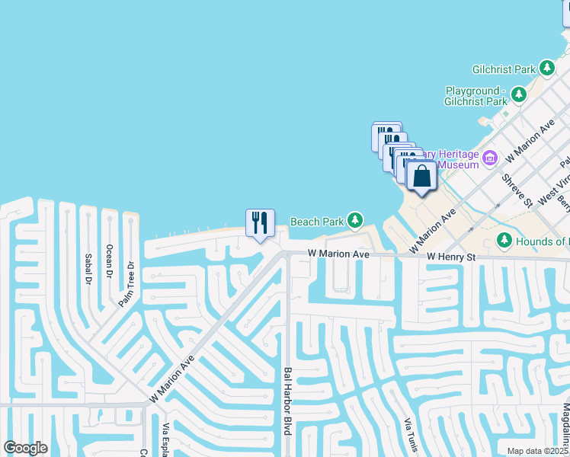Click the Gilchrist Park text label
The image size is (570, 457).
pyautogui.click(x=504, y=69)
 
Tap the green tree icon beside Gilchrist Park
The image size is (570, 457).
pyautogui.click(x=546, y=69)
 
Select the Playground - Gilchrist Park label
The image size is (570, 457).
pyautogui.click(x=476, y=96)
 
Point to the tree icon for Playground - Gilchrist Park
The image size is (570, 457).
pyautogui.click(x=519, y=95)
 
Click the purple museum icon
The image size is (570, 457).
pyautogui.click(x=490, y=158)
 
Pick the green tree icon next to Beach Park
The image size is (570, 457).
pyautogui.click(x=354, y=221)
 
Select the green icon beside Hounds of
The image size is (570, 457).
pyautogui.click(x=504, y=241)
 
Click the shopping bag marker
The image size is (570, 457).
pyautogui.click(x=421, y=177)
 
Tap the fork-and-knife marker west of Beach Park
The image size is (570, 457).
pyautogui.click(x=260, y=223)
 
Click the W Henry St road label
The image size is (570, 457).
pyautogui.click(x=451, y=257)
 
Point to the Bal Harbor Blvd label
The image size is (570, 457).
pyautogui.click(x=288, y=401)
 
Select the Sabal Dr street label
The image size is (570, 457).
pyautogui.click(x=88, y=267)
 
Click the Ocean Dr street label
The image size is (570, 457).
pyautogui.click(x=109, y=261)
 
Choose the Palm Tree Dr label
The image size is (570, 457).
pyautogui.click(x=126, y=284)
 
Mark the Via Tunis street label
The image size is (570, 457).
pyautogui.click(x=411, y=435)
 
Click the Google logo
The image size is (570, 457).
pyautogui.click(x=25, y=448)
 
